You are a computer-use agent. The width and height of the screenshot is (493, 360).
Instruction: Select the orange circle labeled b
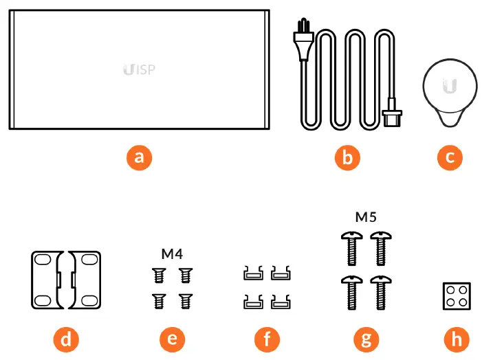point(347,157)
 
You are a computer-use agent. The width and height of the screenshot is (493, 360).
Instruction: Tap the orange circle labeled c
point(450,157)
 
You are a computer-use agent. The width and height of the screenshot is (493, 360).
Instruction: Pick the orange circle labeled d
point(67,338)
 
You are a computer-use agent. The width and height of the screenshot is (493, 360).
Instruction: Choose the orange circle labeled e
point(172,338)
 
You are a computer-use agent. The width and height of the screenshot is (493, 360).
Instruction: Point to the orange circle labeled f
point(267,338)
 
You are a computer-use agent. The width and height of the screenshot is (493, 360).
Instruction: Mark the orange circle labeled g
point(365,338)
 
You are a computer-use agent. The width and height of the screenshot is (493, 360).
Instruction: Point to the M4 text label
point(172,254)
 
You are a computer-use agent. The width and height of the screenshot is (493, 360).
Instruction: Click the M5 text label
point(365,218)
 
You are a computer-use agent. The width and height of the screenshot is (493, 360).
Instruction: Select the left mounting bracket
point(47,280)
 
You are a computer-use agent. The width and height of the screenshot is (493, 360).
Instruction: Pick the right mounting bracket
point(85,280)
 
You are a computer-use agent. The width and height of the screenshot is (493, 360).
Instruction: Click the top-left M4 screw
point(157,275)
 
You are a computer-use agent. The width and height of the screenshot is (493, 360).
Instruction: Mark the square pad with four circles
point(454,297)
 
